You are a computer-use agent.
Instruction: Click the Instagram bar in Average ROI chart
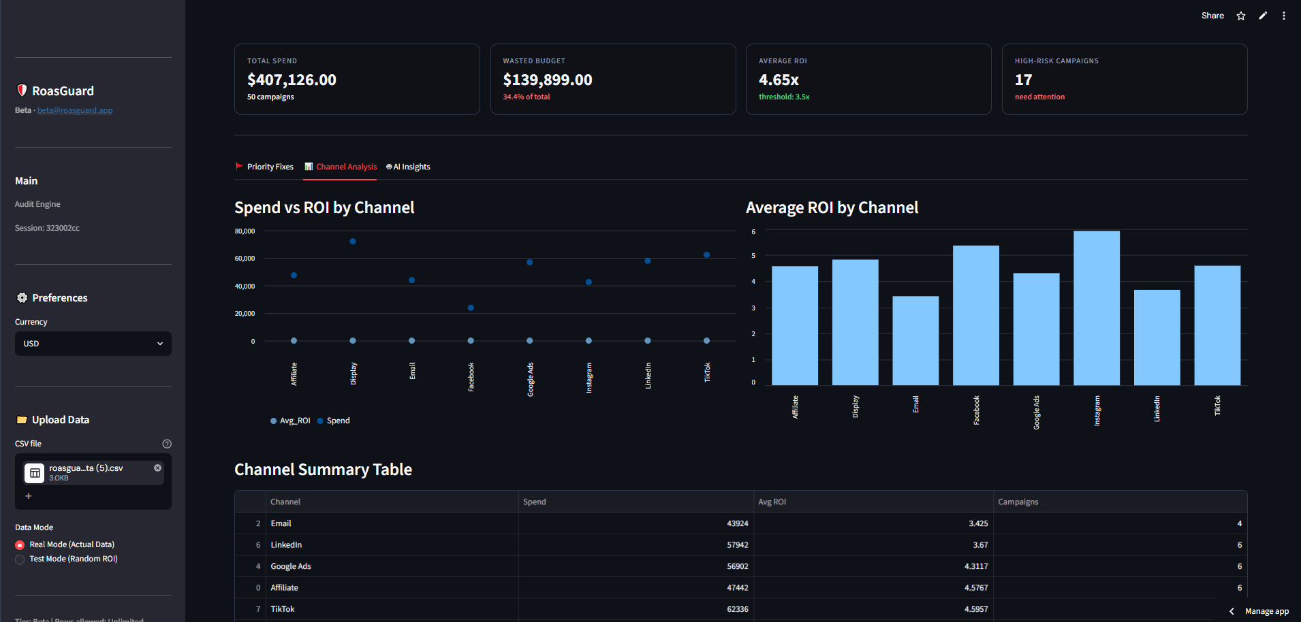(1097, 308)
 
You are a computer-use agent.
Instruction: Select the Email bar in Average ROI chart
(915, 341)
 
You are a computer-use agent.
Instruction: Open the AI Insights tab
(408, 167)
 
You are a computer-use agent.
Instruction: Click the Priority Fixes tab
(264, 167)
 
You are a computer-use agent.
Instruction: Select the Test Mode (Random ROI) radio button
(20, 559)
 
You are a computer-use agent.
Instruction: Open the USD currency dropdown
(93, 344)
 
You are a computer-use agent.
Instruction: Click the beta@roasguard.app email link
(75, 110)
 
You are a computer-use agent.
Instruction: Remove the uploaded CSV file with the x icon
(157, 468)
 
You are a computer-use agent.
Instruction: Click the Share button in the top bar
(1212, 16)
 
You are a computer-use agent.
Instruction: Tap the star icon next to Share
(1241, 16)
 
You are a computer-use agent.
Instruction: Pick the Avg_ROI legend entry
(290, 421)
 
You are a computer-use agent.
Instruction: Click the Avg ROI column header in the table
(772, 502)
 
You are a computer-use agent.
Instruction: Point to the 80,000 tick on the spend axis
(245, 231)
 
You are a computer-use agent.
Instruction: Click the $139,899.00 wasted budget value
(548, 80)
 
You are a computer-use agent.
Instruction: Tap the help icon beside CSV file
(167, 444)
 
